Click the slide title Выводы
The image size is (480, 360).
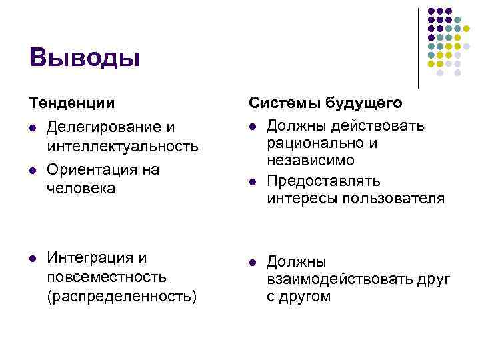[x=85, y=57]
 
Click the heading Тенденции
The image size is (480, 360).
[x=71, y=103]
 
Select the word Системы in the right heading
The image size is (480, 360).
[x=285, y=103]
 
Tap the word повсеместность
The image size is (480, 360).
[x=107, y=277]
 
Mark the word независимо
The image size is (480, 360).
[x=311, y=161]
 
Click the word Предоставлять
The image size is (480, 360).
[x=323, y=181]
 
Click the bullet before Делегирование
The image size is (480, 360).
[x=32, y=127]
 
